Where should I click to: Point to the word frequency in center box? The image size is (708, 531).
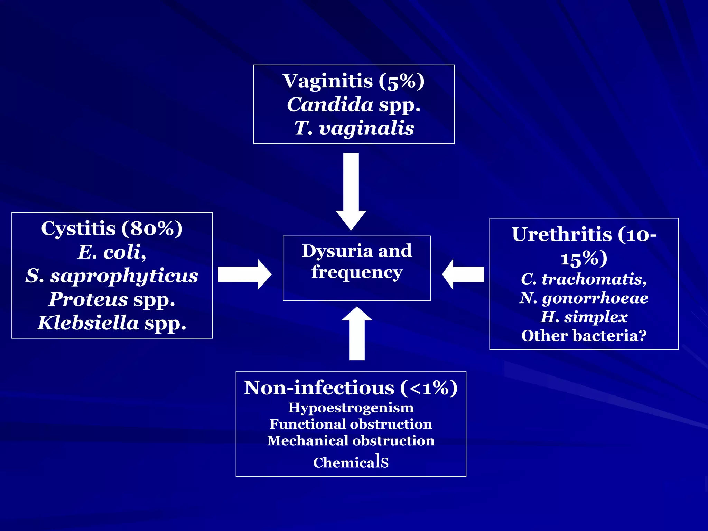click(x=357, y=272)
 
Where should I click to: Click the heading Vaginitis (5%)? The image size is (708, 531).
click(x=353, y=81)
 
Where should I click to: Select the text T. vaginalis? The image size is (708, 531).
click(x=354, y=128)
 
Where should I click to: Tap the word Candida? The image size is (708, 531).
click(x=330, y=105)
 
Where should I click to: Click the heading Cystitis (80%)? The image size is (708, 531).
click(x=112, y=229)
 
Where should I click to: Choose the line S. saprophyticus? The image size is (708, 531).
click(x=112, y=276)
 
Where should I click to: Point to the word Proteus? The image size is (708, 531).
click(x=88, y=299)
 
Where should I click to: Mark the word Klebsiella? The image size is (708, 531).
click(x=88, y=323)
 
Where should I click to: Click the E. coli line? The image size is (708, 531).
click(x=112, y=252)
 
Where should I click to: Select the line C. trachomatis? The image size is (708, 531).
click(x=584, y=279)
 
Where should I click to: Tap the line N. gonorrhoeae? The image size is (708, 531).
click(x=584, y=298)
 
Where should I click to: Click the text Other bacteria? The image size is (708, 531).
click(x=584, y=336)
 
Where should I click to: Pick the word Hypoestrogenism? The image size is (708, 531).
click(x=351, y=408)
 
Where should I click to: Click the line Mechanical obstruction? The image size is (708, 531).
click(x=351, y=441)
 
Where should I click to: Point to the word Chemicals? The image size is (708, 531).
click(x=351, y=462)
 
